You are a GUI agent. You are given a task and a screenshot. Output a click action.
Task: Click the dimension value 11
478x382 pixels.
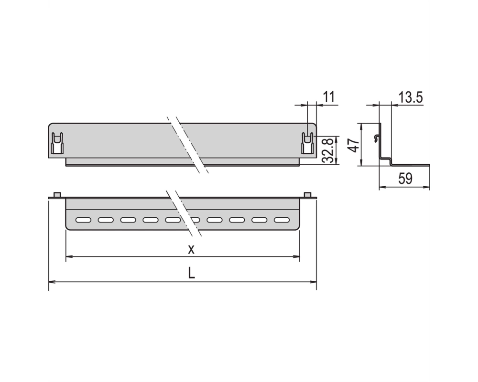point(329,96)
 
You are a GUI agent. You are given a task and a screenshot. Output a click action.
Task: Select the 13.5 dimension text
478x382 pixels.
point(410,97)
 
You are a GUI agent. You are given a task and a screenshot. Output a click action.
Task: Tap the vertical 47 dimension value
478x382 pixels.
point(354,145)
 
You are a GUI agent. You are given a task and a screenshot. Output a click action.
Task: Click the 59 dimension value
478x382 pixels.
point(405,178)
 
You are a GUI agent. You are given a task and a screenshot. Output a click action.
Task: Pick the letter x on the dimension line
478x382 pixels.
point(191,249)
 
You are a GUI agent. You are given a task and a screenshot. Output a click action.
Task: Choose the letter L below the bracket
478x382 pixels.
point(191,273)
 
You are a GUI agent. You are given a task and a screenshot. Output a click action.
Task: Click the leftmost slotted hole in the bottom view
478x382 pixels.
point(83,220)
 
